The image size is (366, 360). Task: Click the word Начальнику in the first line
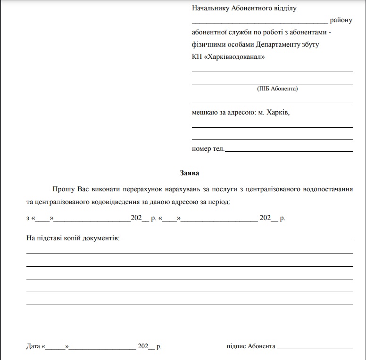click(x=210, y=8)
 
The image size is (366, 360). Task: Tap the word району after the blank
click(x=341, y=21)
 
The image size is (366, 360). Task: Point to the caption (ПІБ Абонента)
click(x=277, y=88)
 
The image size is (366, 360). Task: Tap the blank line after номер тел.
click(x=289, y=151)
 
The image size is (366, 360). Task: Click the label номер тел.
click(x=208, y=149)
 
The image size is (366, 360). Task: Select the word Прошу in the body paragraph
click(x=63, y=189)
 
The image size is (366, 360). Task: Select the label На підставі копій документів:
click(x=73, y=238)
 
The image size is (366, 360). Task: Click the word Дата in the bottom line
click(x=33, y=346)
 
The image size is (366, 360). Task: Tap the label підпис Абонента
click(x=251, y=346)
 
